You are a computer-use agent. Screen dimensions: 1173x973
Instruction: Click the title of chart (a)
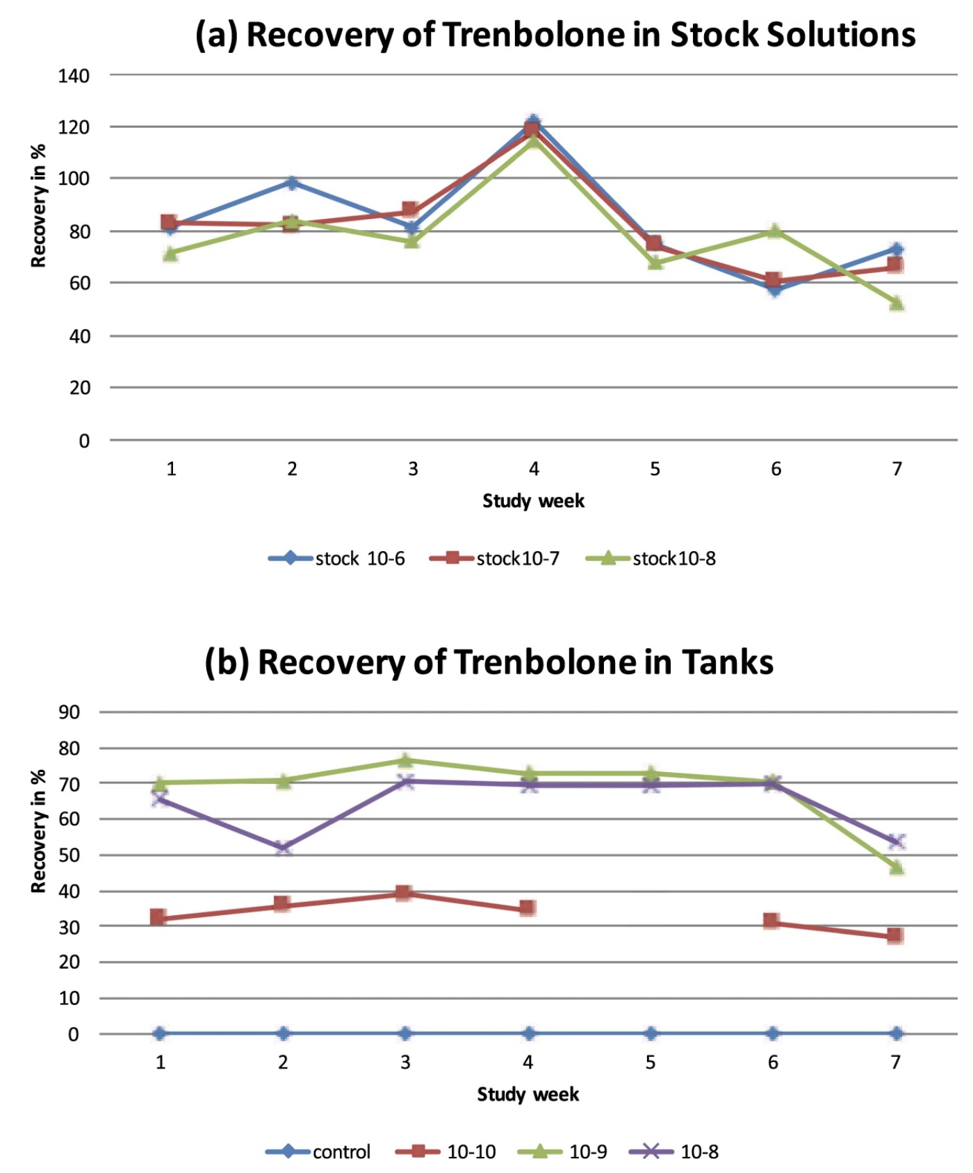(555, 35)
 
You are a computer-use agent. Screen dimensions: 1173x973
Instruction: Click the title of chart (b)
(489, 662)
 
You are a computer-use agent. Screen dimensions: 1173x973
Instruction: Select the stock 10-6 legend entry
(337, 558)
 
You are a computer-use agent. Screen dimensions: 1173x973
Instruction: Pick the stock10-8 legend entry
(651, 558)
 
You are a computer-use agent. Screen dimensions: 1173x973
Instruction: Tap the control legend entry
(318, 1151)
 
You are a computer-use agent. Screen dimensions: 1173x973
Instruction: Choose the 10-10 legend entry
(445, 1151)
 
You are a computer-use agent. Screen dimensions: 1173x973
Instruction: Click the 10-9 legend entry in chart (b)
(563, 1151)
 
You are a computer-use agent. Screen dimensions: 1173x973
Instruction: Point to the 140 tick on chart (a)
(74, 76)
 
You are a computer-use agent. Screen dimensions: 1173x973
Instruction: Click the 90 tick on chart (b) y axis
(69, 712)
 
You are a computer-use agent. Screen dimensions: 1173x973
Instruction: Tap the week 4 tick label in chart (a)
(534, 469)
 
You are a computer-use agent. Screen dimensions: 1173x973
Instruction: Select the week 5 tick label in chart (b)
(651, 1062)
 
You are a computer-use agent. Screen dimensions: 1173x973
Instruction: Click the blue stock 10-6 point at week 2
(292, 183)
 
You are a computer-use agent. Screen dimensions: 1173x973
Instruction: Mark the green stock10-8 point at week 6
(775, 231)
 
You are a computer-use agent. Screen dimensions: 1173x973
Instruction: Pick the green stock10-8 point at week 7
(897, 304)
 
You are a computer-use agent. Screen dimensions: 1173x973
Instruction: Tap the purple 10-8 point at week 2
(283, 848)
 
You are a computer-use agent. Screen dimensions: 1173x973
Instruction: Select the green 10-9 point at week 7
(897, 867)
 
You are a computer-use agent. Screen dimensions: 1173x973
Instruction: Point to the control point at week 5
(651, 1033)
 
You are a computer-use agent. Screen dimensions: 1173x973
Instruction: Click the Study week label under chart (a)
(533, 500)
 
